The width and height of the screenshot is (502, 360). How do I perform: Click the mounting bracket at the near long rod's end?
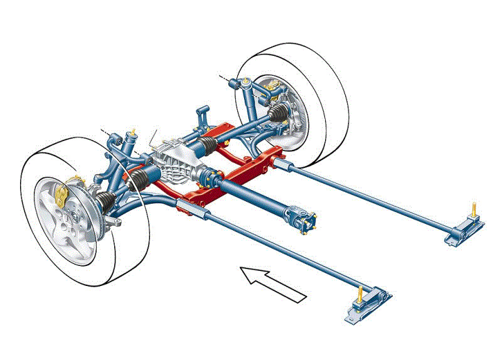(x=368, y=307)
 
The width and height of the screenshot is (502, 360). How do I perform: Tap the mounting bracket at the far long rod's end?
(x=461, y=230)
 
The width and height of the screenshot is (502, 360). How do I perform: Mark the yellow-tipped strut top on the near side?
(x=133, y=134)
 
